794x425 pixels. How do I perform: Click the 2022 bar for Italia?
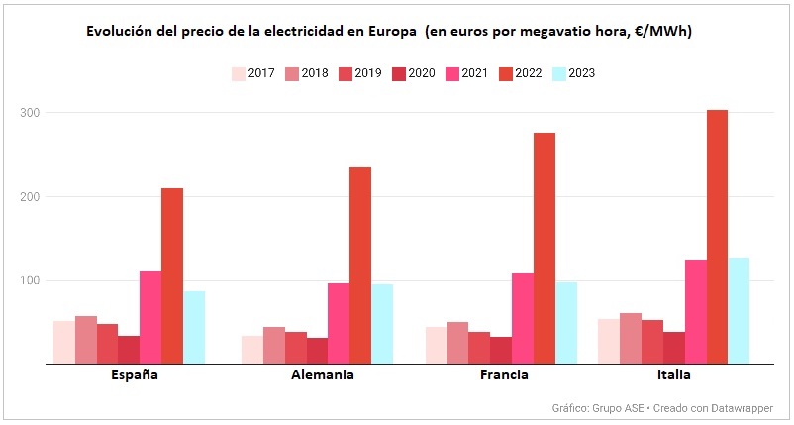(717, 237)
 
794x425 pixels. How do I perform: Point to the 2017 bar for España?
(64, 342)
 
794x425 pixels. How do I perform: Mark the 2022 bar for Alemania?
(360, 266)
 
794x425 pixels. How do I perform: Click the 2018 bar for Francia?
(457, 343)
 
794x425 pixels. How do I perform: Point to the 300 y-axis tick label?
(30, 113)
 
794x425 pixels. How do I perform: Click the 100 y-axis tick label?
(30, 281)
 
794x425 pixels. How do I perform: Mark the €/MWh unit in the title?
(658, 32)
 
